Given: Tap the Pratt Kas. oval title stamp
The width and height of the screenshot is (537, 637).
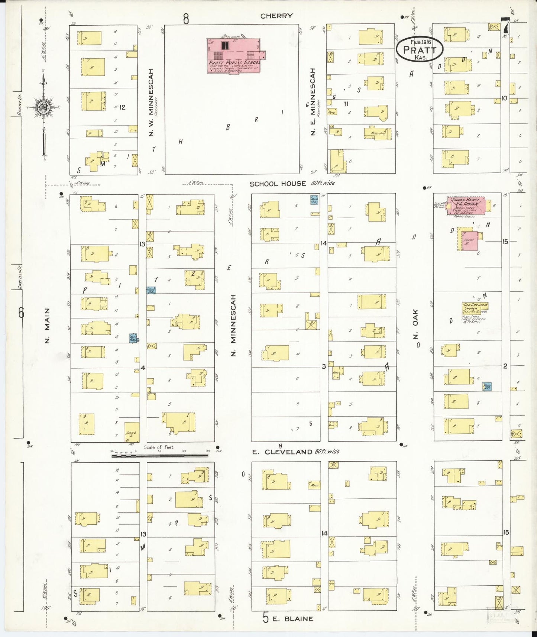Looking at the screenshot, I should tap(419, 49).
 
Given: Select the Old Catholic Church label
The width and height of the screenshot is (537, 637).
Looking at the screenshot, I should tap(475, 307).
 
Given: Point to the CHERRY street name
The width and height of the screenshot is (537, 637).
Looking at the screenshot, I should tap(276, 16).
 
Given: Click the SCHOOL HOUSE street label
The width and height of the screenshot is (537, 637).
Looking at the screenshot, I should tap(278, 184).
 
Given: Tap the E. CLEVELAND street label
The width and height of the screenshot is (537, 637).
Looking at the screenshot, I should tap(282, 452).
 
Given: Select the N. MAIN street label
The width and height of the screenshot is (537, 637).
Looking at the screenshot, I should tap(47, 326).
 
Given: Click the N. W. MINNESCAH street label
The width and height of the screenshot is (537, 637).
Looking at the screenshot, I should tap(151, 102).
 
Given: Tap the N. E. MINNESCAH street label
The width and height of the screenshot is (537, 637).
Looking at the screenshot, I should tap(313, 101).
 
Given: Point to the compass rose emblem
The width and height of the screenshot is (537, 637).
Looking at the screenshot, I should tap(44, 108).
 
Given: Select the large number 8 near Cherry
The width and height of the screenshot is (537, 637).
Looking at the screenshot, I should tap(186, 19).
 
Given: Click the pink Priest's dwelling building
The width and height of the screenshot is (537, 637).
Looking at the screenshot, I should tap(469, 241).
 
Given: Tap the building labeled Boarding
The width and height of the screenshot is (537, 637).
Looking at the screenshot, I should tap(378, 133).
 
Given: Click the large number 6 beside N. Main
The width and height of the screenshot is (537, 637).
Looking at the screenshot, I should tap(21, 313).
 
